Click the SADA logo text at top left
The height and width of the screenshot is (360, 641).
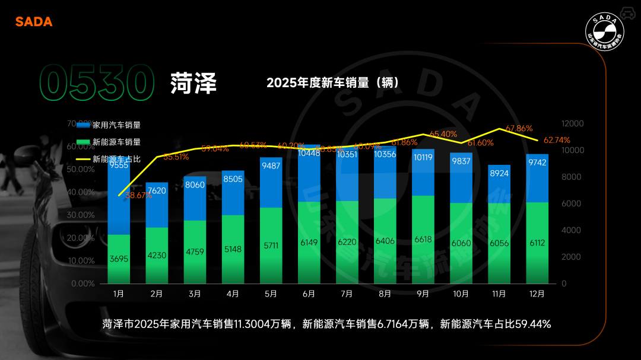34,22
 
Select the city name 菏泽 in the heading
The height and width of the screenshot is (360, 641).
193,84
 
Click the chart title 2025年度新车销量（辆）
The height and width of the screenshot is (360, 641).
332,82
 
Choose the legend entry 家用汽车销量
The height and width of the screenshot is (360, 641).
116,125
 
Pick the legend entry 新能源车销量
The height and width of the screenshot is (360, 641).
116,142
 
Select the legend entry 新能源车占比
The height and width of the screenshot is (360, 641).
116,159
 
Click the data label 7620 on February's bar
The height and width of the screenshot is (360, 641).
157,191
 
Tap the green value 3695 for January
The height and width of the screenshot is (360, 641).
119,259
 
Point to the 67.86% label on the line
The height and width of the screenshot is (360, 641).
519,128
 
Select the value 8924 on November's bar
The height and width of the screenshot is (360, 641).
499,174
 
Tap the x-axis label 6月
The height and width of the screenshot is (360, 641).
309,294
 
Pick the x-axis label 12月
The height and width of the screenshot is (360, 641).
537,294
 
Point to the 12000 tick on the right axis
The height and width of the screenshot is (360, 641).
573,123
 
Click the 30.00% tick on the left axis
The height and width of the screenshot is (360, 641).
82,215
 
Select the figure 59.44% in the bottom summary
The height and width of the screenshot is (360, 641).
532,324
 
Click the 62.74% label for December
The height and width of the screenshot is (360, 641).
557,141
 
